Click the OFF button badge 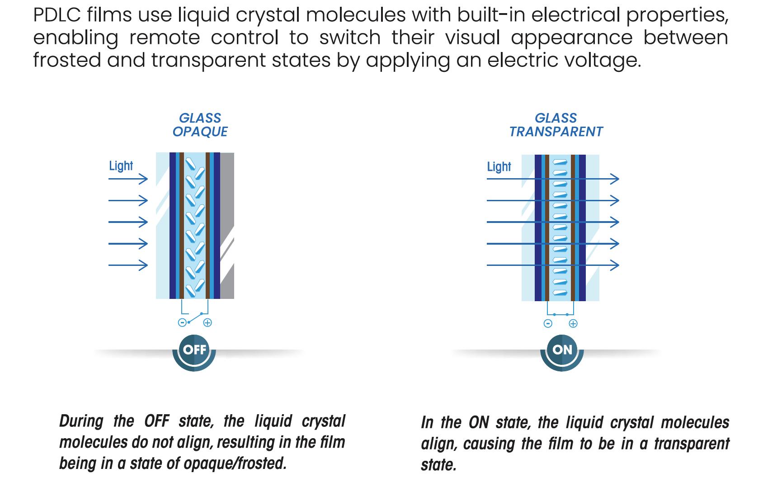click(x=194, y=350)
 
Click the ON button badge click(x=562, y=350)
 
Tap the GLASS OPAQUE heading click(x=200, y=125)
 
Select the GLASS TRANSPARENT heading click(x=556, y=125)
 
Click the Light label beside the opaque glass click(x=121, y=166)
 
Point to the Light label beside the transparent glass click(x=499, y=167)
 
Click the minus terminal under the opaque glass click(x=182, y=322)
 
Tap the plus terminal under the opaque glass click(x=207, y=322)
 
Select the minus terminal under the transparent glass click(x=548, y=323)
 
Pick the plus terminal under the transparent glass click(x=573, y=323)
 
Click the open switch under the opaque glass click(x=195, y=317)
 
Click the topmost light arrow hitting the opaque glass click(x=128, y=179)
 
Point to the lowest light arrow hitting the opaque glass click(x=128, y=265)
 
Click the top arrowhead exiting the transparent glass click(x=615, y=179)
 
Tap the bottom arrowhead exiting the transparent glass click(x=615, y=265)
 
